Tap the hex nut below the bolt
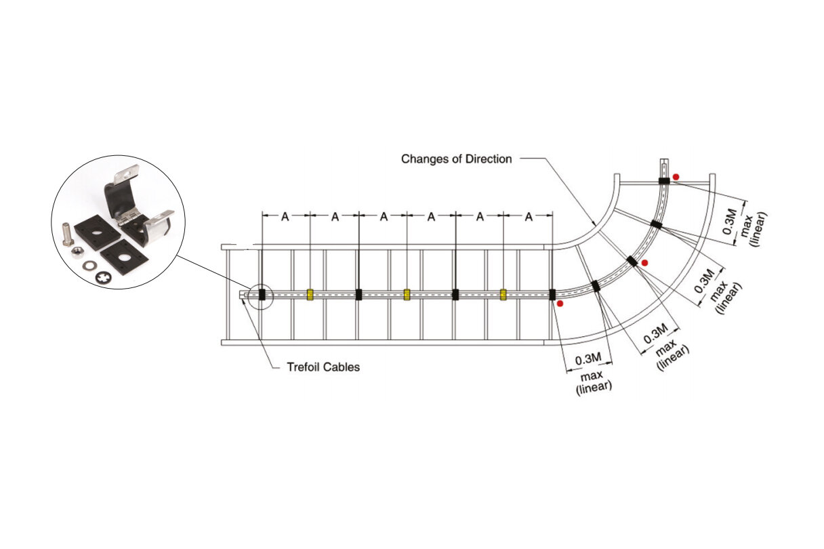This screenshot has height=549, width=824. click(77, 251)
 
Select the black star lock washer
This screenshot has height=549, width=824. click(103, 277)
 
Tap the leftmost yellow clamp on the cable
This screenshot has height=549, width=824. click(310, 294)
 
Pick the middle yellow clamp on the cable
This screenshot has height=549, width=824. click(407, 294)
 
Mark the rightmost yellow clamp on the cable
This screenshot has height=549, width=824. click(503, 294)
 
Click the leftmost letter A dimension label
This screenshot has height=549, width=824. click(285, 216)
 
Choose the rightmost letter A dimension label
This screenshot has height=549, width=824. click(529, 216)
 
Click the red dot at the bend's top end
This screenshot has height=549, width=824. click(676, 176)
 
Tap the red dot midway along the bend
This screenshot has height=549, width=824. click(644, 262)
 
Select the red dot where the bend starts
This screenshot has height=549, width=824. click(559, 304)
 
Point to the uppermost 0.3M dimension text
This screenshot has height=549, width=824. click(729, 221)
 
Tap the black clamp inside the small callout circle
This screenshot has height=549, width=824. click(262, 294)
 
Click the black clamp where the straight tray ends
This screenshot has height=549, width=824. click(552, 294)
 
